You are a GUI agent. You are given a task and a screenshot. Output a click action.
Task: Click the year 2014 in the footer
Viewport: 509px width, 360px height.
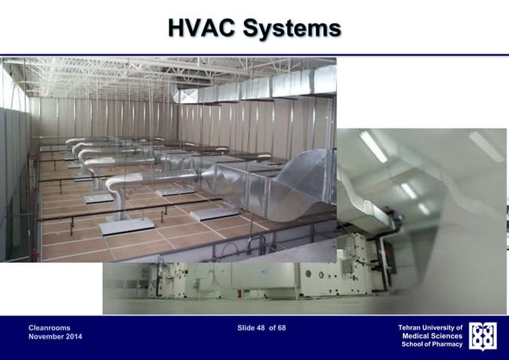click(73, 338)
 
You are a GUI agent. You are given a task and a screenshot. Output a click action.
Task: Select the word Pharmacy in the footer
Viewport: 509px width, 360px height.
click(449, 344)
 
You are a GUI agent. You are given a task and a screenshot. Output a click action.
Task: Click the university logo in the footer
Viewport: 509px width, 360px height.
click(483, 336)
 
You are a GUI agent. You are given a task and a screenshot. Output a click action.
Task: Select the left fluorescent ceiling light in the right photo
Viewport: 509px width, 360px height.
click(373, 146)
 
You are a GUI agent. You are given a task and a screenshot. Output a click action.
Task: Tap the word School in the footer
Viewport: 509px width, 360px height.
click(414, 344)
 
